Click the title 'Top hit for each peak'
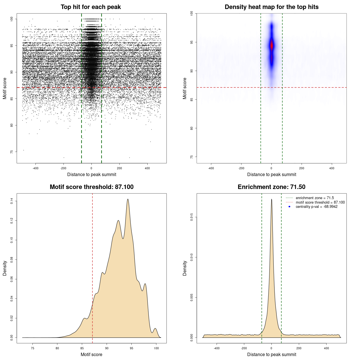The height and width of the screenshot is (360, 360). (91, 7)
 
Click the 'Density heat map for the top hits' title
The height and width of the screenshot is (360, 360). (271, 7)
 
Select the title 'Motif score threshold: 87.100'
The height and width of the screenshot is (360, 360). (91, 187)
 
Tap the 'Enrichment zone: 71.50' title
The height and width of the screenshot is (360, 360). (271, 187)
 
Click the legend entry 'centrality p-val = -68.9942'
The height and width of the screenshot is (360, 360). (316, 207)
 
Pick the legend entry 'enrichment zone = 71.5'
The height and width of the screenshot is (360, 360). (315, 198)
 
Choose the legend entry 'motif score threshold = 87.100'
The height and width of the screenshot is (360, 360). (320, 202)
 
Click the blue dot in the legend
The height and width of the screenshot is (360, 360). (289, 207)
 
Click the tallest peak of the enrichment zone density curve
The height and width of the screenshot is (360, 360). (271, 199)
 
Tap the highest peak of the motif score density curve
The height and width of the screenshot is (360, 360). (128, 199)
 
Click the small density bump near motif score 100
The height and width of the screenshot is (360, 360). (155, 329)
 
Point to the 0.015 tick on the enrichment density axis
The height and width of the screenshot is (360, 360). (192, 217)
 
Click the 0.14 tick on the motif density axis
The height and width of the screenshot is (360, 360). (12, 201)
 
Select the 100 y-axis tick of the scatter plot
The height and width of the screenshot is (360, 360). (12, 19)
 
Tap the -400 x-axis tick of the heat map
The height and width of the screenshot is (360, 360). (211, 168)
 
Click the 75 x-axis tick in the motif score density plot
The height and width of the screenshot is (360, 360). (33, 348)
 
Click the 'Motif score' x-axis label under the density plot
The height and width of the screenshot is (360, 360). (91, 354)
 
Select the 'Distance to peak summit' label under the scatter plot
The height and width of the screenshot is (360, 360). (92, 174)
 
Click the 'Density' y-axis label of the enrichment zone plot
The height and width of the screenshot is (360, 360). (185, 268)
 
